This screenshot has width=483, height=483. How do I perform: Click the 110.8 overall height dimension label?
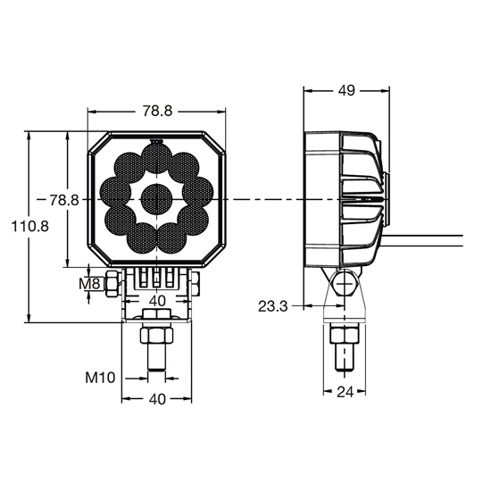pos(30,227)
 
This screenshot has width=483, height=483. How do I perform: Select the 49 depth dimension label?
pos(346,90)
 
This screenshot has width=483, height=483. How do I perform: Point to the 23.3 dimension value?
pos(272,306)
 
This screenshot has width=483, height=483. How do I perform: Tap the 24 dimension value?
pos(345,392)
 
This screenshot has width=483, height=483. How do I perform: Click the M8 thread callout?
pos(89,284)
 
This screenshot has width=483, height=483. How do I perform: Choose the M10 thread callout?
pos(100,378)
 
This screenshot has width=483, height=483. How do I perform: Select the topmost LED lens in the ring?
pos(156,159)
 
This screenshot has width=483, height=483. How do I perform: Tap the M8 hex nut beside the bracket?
pos(112,284)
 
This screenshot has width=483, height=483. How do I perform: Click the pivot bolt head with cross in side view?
pos(344,283)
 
